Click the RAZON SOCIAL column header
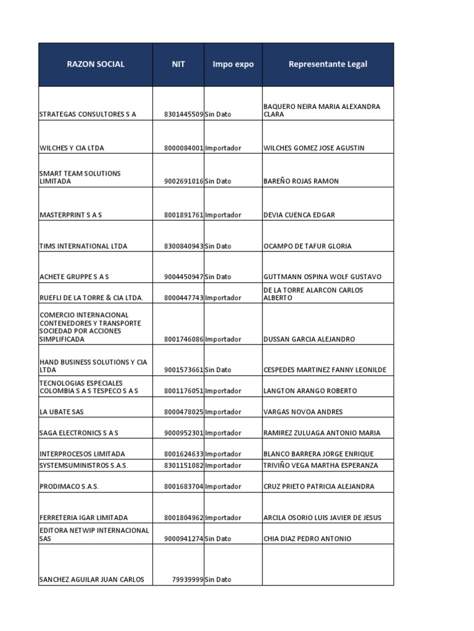(96, 64)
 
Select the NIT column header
(178, 64)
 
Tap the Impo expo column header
(233, 64)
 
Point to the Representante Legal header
(328, 64)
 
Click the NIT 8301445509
(184, 115)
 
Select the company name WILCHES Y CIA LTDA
(72, 148)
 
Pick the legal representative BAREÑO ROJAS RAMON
(301, 181)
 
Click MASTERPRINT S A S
(70, 215)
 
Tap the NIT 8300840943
(184, 246)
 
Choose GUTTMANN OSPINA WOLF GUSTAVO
(322, 277)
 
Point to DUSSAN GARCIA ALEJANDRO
(309, 339)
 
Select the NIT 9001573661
(184, 370)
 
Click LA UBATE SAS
(60, 412)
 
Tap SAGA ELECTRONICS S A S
(79, 433)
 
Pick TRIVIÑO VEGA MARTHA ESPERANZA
(320, 465)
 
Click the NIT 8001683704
(184, 486)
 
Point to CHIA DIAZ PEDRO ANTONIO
(307, 539)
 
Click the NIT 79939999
(188, 579)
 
